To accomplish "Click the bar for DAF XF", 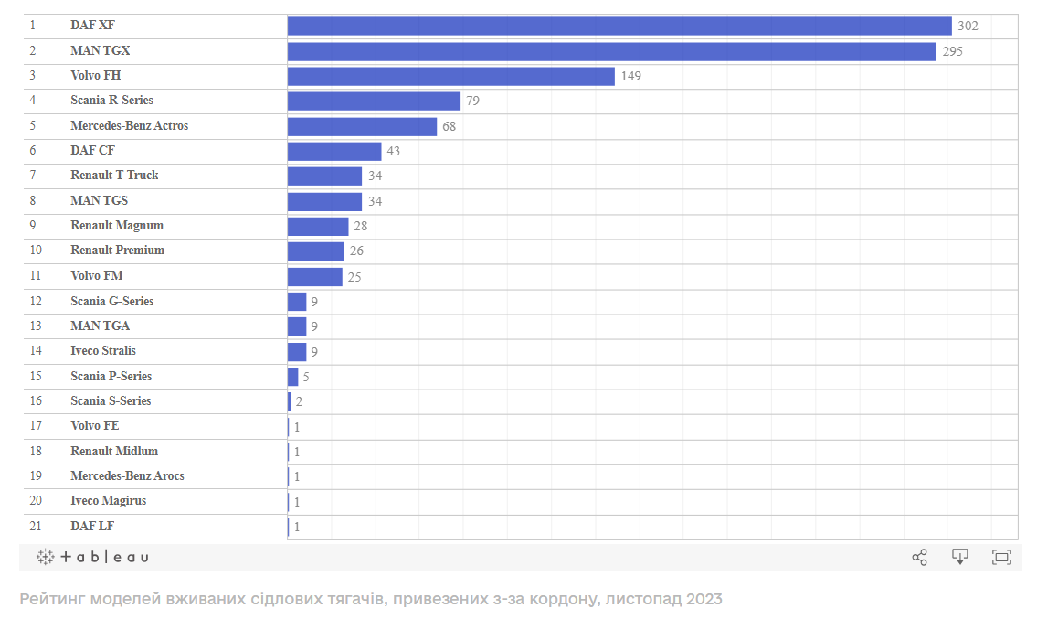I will pos(619,26).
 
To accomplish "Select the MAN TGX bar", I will pos(612,51).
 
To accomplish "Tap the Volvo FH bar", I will pos(450,76).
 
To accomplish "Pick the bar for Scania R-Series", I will pos(374,101).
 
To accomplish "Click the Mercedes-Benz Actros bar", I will pos(362,126).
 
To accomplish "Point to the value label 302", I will pos(968,26).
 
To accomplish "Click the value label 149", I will pos(630,76).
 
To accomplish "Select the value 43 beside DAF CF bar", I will pos(394,151).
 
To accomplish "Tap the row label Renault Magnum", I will pos(117,225).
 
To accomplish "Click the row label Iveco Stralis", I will pos(103,350).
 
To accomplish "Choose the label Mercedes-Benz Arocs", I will pos(127,475).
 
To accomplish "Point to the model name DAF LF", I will pos(92,526).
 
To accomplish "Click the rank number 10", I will pos(36,250).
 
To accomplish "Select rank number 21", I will pos(36,526).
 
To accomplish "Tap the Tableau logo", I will pos(92,557).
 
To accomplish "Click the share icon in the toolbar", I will pos(919,557).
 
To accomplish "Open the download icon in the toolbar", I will pos(959,557).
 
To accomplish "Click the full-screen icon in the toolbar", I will pos(1001,557).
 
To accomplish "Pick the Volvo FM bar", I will pos(315,276).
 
